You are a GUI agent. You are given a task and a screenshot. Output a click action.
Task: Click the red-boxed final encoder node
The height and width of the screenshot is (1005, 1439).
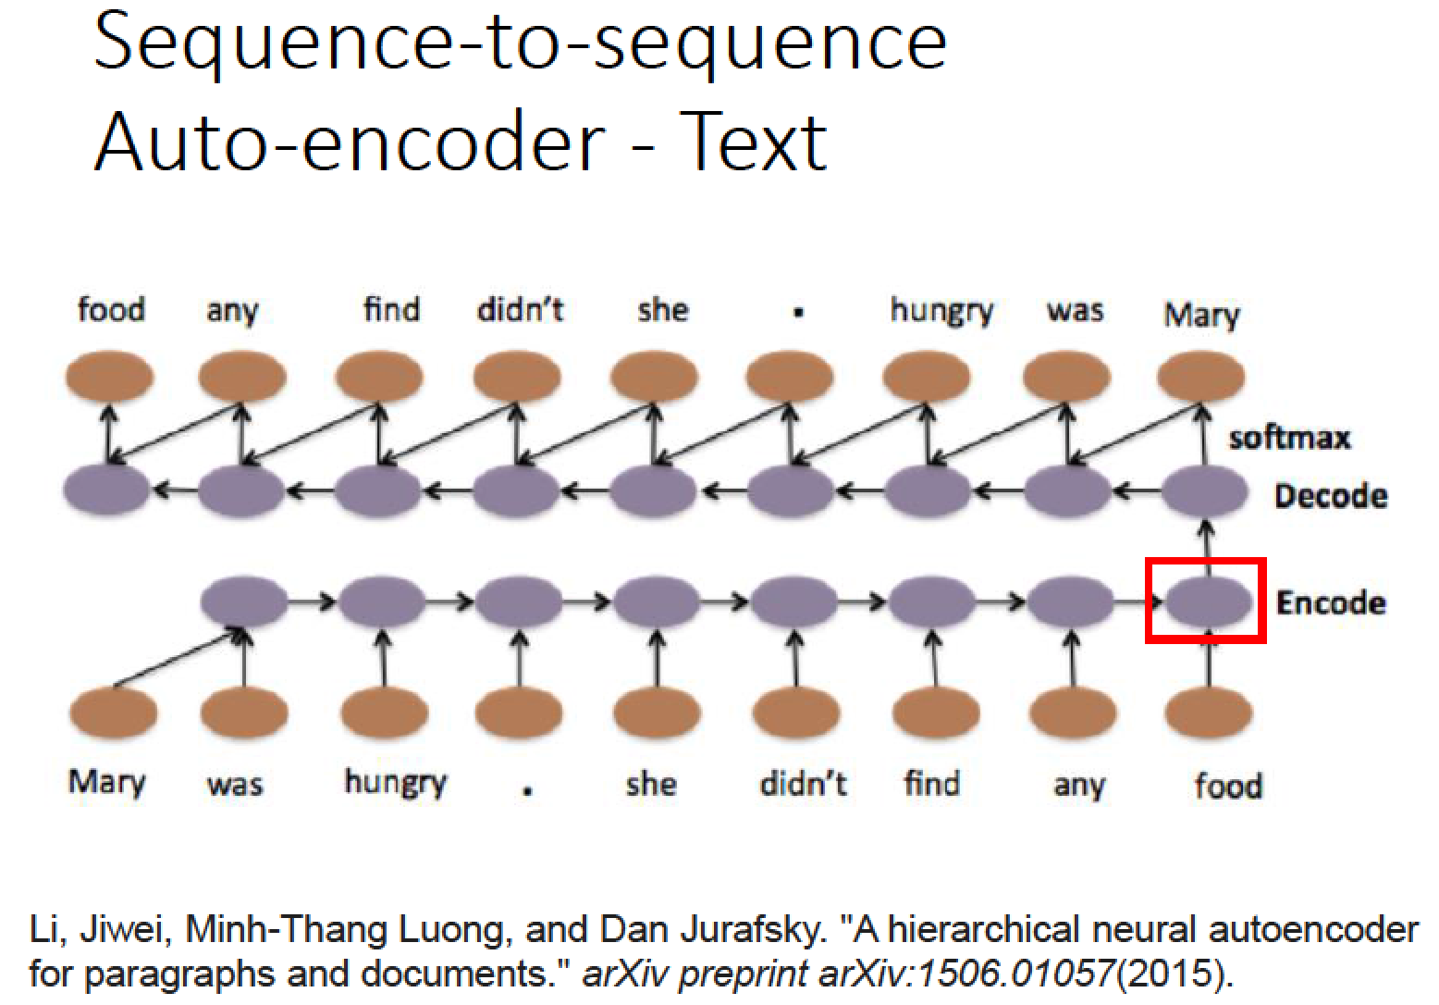point(1209,602)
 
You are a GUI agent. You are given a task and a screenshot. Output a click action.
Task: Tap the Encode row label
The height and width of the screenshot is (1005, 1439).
point(1331,603)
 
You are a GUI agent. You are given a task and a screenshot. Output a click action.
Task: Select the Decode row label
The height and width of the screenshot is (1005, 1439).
point(1331,496)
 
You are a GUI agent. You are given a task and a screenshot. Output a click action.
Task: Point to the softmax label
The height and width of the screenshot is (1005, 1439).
point(1290,438)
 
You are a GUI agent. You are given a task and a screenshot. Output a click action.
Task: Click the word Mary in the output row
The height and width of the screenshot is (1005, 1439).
point(1201,315)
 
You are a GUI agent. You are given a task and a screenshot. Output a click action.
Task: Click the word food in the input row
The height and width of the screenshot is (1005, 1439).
point(1228,785)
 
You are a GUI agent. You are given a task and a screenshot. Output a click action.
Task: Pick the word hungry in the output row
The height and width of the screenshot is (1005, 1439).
point(941,312)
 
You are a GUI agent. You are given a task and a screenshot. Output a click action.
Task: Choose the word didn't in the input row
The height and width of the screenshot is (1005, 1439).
point(803,784)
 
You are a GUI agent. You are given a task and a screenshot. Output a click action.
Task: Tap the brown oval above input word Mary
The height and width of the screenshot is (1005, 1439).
point(113,712)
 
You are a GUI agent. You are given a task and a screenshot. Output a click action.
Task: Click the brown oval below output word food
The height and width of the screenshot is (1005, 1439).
point(109,376)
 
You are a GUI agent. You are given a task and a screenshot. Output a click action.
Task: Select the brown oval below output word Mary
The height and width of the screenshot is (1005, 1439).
point(1200,376)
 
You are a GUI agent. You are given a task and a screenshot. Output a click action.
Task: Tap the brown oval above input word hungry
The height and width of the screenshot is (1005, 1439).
point(384,712)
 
